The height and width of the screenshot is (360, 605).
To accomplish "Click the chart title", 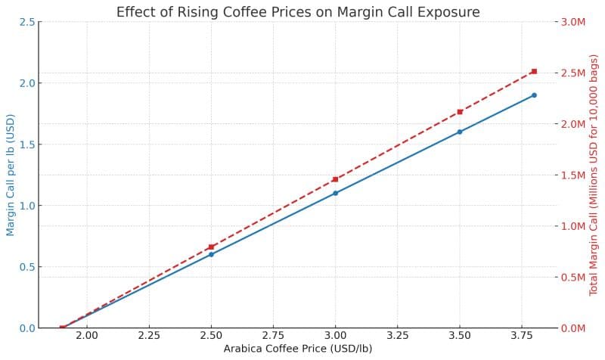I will [298, 11].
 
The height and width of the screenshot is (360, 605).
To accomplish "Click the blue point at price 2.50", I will [211, 254].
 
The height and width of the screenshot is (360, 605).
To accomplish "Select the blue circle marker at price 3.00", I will [335, 193].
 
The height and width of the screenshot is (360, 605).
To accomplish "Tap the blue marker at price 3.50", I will [460, 132].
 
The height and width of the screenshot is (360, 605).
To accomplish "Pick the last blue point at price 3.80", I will [534, 95].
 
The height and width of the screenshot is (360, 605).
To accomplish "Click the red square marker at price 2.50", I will [211, 247].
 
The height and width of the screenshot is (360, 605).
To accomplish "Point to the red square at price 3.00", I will [335, 179].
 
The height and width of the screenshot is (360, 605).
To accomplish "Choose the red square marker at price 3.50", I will [460, 112].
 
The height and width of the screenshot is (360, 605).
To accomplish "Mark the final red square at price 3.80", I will [534, 71].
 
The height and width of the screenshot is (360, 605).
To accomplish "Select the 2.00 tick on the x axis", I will [87, 335].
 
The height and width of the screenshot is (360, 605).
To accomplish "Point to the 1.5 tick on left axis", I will [26, 144].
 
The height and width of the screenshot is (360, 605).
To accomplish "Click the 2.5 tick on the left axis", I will [26, 22].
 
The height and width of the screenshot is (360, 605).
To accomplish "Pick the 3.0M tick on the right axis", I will [572, 22].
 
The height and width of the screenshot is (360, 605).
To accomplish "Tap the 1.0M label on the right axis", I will [572, 226].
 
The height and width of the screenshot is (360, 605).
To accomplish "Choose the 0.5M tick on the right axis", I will [572, 277].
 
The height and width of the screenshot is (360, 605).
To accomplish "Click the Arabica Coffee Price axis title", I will [298, 349].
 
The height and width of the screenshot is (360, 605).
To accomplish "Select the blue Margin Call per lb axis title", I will [10, 175].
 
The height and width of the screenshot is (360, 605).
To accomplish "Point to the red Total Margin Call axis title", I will [594, 175].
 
